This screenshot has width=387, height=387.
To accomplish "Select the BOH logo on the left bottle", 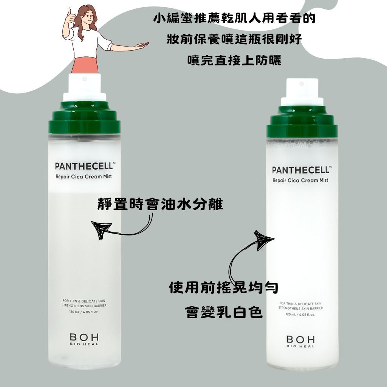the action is (x=84, y=339).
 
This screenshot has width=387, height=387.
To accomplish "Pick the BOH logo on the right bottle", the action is (x=300, y=342).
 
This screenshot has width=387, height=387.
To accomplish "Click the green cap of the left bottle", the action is (x=84, y=118).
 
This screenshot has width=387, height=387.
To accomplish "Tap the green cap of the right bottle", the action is (x=302, y=122).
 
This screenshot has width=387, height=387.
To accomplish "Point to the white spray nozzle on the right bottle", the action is (x=302, y=92).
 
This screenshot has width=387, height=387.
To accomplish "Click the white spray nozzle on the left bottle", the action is (x=84, y=87).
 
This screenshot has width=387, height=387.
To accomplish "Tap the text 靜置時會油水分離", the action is (x=160, y=204).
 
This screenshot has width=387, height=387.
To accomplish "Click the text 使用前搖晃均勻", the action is (x=224, y=288).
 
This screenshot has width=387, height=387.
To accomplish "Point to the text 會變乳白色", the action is (x=224, y=312).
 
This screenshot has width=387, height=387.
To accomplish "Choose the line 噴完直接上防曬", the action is (x=234, y=60).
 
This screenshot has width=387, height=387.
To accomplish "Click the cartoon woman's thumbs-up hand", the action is (x=71, y=16).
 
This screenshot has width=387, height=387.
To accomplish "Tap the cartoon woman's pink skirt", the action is (x=85, y=65).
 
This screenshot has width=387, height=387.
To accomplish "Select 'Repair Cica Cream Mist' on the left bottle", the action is (x=84, y=177).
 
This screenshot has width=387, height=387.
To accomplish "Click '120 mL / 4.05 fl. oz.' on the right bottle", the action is (x=300, y=314).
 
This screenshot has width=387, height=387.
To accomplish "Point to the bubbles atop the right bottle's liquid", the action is (x=302, y=142).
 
